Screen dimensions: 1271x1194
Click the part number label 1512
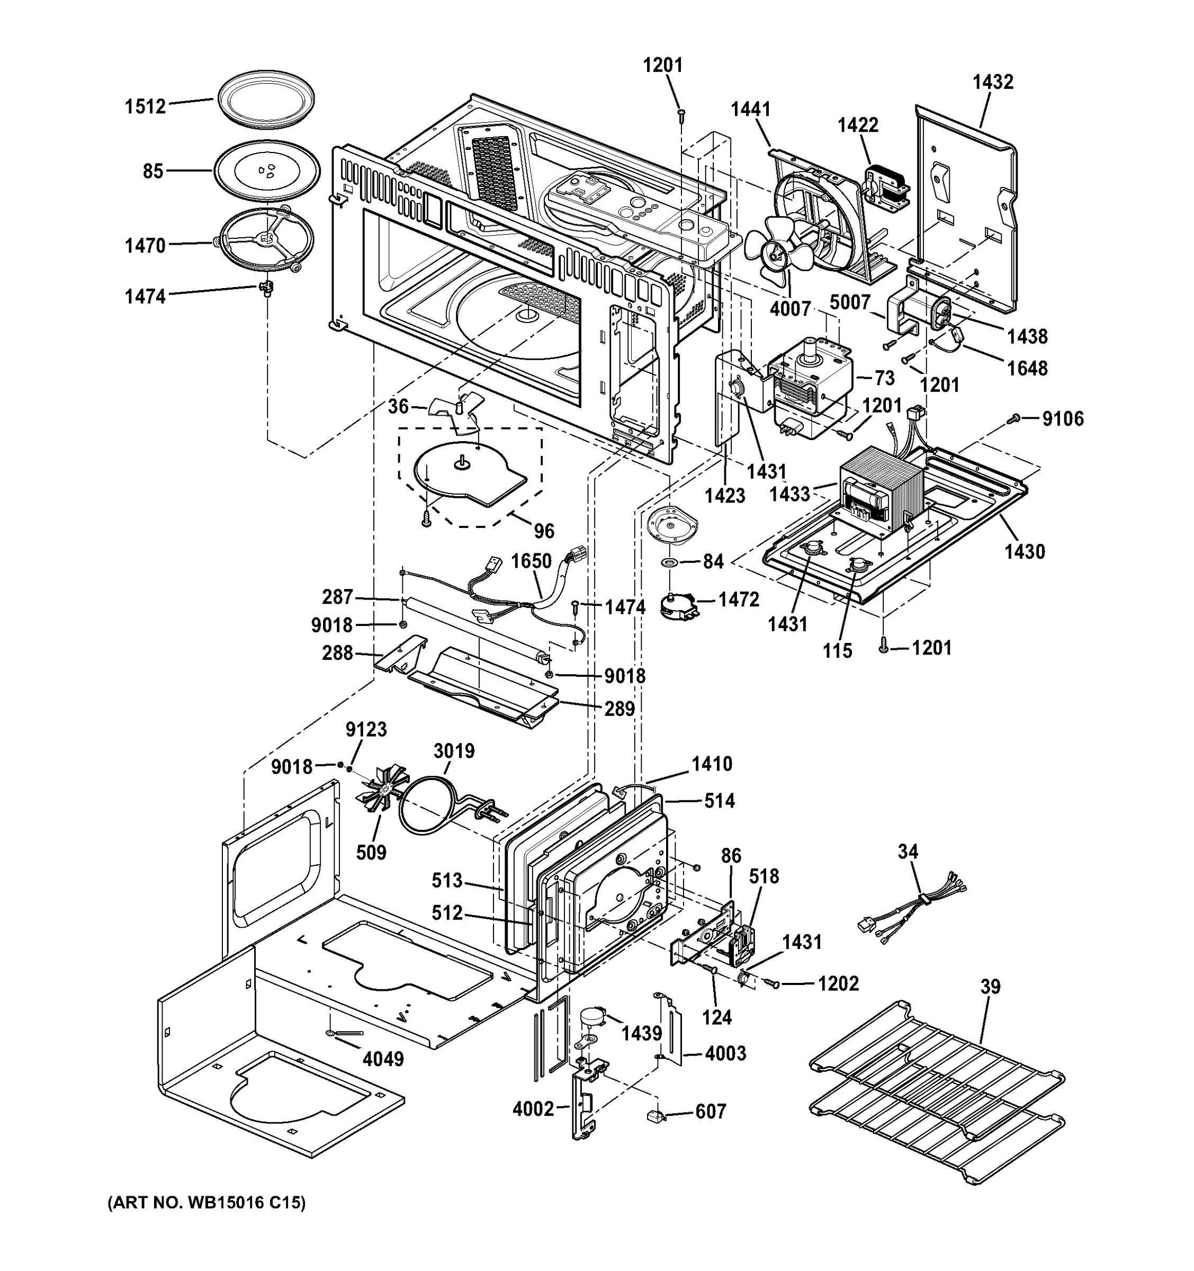pyautogui.click(x=145, y=106)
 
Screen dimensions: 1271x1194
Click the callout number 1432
pyautogui.click(x=993, y=82)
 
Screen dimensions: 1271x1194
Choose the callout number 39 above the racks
pyautogui.click(x=990, y=987)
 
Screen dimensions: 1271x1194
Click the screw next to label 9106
pyautogui.click(x=1013, y=419)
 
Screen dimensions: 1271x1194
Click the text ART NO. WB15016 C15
pyautogui.click(x=207, y=1203)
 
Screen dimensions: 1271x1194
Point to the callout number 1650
pyautogui.click(x=531, y=561)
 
